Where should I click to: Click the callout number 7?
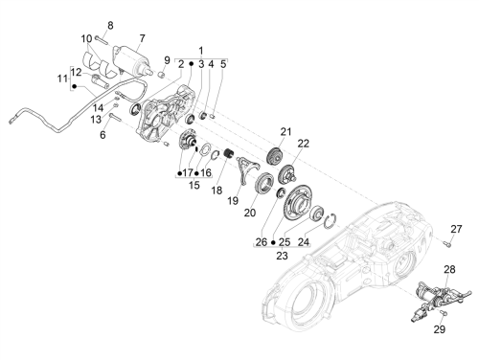click(x=142, y=38)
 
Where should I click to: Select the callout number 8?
click(x=110, y=26)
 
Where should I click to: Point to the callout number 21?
click(x=286, y=131)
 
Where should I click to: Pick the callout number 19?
click(x=233, y=201)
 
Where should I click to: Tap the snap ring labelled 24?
click(x=330, y=222)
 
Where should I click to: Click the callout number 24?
click(x=304, y=242)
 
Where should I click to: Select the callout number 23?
click(x=282, y=256)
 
